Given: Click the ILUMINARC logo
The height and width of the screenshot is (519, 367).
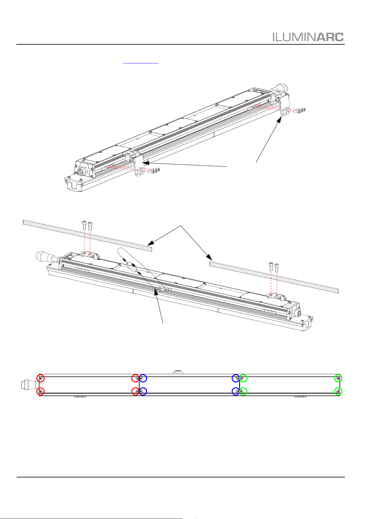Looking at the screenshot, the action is [308, 37].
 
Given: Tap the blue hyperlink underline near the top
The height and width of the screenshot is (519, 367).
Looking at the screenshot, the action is [141, 63].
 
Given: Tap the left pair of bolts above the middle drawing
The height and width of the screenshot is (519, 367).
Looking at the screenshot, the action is [87, 226].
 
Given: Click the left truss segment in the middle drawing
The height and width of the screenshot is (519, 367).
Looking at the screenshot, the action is [88, 236].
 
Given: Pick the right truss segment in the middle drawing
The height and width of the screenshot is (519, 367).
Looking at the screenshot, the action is [274, 277].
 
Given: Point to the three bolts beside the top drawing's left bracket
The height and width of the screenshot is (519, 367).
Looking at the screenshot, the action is [155, 171].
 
